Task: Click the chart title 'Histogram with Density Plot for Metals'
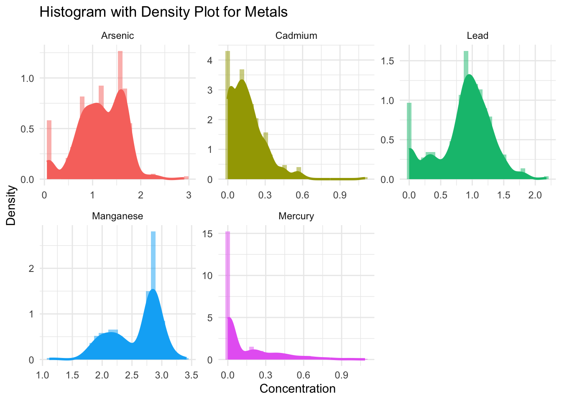163,12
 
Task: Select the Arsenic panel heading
118,36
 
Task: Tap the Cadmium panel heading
296,36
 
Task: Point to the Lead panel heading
478,36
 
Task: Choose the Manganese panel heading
118,216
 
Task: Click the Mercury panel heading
296,216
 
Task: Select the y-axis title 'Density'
11,206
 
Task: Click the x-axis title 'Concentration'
297,389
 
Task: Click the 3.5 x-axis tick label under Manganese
191,375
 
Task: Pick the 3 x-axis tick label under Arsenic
189,195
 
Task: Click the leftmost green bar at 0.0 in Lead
409,140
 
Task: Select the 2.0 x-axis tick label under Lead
536,195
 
